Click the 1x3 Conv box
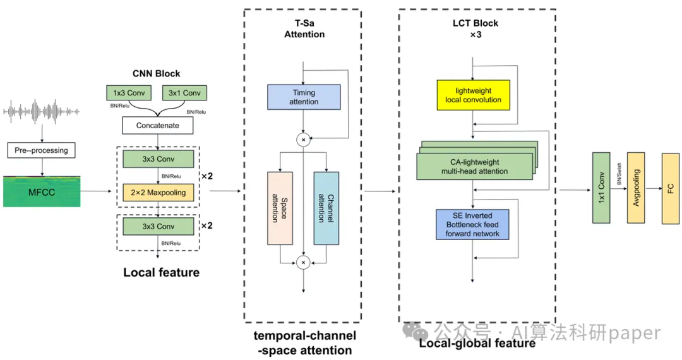pyautogui.click(x=128, y=93)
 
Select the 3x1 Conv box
pyautogui.click(x=184, y=93)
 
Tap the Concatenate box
pyautogui.click(x=158, y=126)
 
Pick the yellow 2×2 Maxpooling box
pyautogui.click(x=158, y=193)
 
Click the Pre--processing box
pyautogui.click(x=41, y=150)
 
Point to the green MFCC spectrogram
pyautogui.click(x=41, y=192)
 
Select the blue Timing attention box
pyautogui.click(x=304, y=97)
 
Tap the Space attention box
pyautogui.click(x=280, y=208)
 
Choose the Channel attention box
pyautogui.click(x=326, y=208)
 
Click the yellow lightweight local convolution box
pyautogui.click(x=473, y=95)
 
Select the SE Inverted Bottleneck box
pyautogui.click(x=472, y=224)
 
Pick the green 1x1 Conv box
pyautogui.click(x=601, y=188)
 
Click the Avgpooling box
pyautogui.click(x=636, y=188)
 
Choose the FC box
pyautogui.click(x=670, y=188)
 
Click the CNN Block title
pyautogui.click(x=157, y=74)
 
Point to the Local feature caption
pyautogui.click(x=161, y=273)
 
